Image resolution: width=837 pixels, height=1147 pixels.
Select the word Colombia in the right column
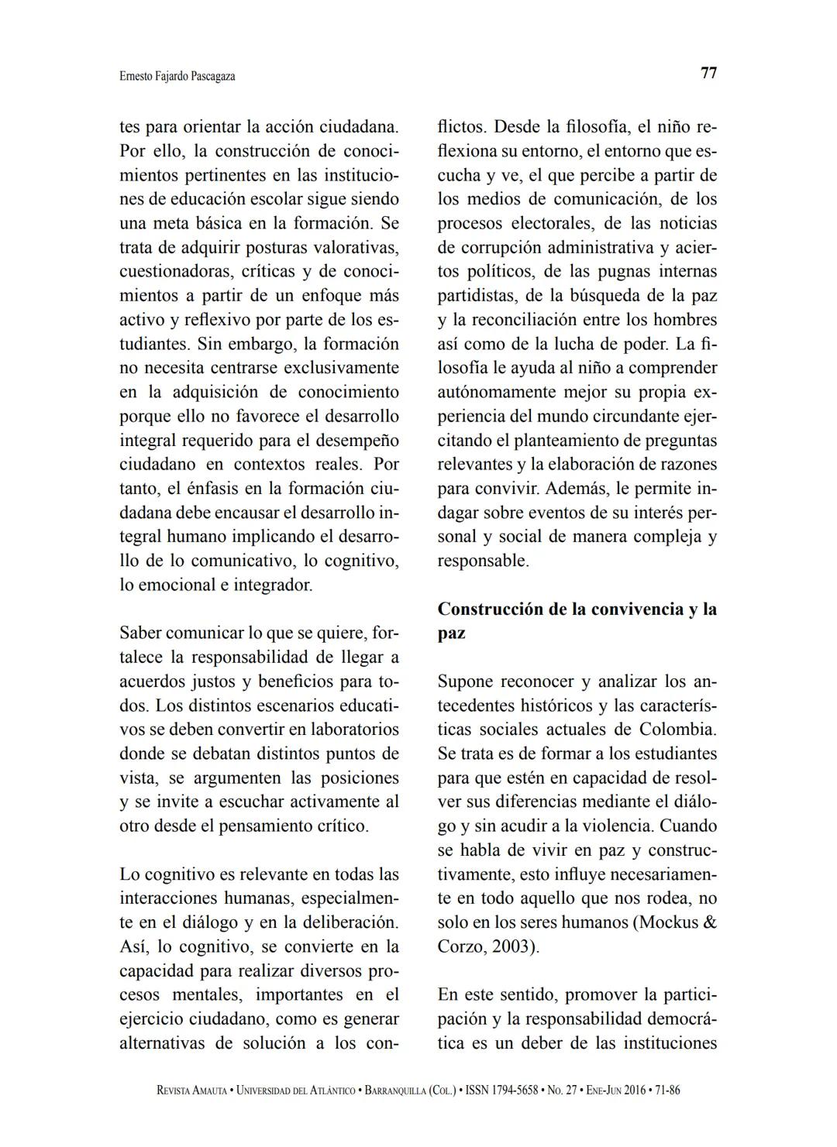pyautogui.click(x=677, y=730)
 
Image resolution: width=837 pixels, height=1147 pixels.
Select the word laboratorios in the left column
pyautogui.click(x=355, y=730)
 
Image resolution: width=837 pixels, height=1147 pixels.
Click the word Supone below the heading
pyautogui.click(x=465, y=682)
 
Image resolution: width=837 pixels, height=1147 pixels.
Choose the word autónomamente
pyautogui.click(x=496, y=393)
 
